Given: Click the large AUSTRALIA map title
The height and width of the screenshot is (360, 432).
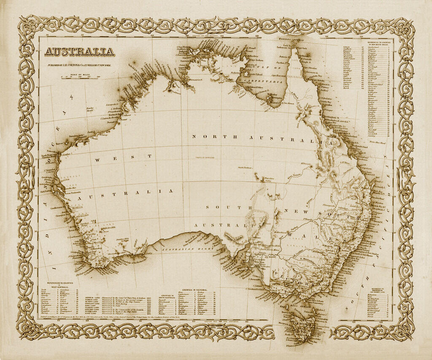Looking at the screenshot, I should [x=79, y=52].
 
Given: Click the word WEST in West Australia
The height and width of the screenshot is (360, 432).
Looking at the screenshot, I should [x=122, y=157].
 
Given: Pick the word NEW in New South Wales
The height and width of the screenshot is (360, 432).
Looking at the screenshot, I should [x=298, y=210].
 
